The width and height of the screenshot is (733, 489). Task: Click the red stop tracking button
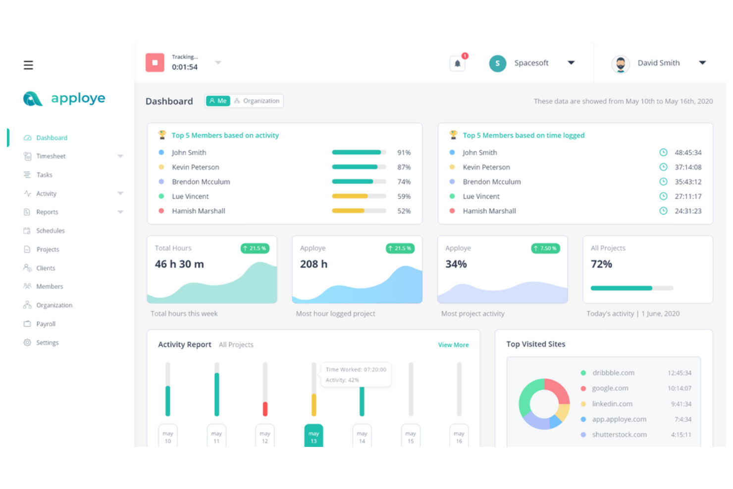[x=155, y=63]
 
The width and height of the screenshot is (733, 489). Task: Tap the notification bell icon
[x=457, y=63]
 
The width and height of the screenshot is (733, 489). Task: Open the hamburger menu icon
[x=28, y=65]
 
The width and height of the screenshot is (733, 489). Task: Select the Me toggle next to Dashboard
[x=218, y=101]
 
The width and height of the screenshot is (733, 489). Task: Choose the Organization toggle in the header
[x=257, y=101]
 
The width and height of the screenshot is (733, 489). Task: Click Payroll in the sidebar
[x=46, y=324]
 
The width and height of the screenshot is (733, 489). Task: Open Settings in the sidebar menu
[x=47, y=343]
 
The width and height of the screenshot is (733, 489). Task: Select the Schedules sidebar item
[x=50, y=231]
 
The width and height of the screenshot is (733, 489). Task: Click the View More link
[x=453, y=345]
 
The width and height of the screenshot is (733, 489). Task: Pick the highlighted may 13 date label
[x=314, y=436]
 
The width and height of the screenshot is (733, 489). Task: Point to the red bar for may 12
[x=265, y=409]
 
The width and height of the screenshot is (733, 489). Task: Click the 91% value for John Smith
[x=404, y=153]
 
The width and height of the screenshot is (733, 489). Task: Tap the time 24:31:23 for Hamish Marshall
[x=688, y=211]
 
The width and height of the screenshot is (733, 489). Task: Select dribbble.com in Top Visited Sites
[x=613, y=373]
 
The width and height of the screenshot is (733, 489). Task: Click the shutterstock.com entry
[x=619, y=435]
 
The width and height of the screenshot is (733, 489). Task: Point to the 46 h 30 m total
[x=179, y=264]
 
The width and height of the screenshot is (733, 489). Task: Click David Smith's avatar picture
[x=620, y=63]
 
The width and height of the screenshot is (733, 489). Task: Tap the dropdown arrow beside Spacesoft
[x=571, y=63]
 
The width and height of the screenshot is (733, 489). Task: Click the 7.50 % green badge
[x=545, y=248]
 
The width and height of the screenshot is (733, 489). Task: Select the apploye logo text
[x=78, y=98]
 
